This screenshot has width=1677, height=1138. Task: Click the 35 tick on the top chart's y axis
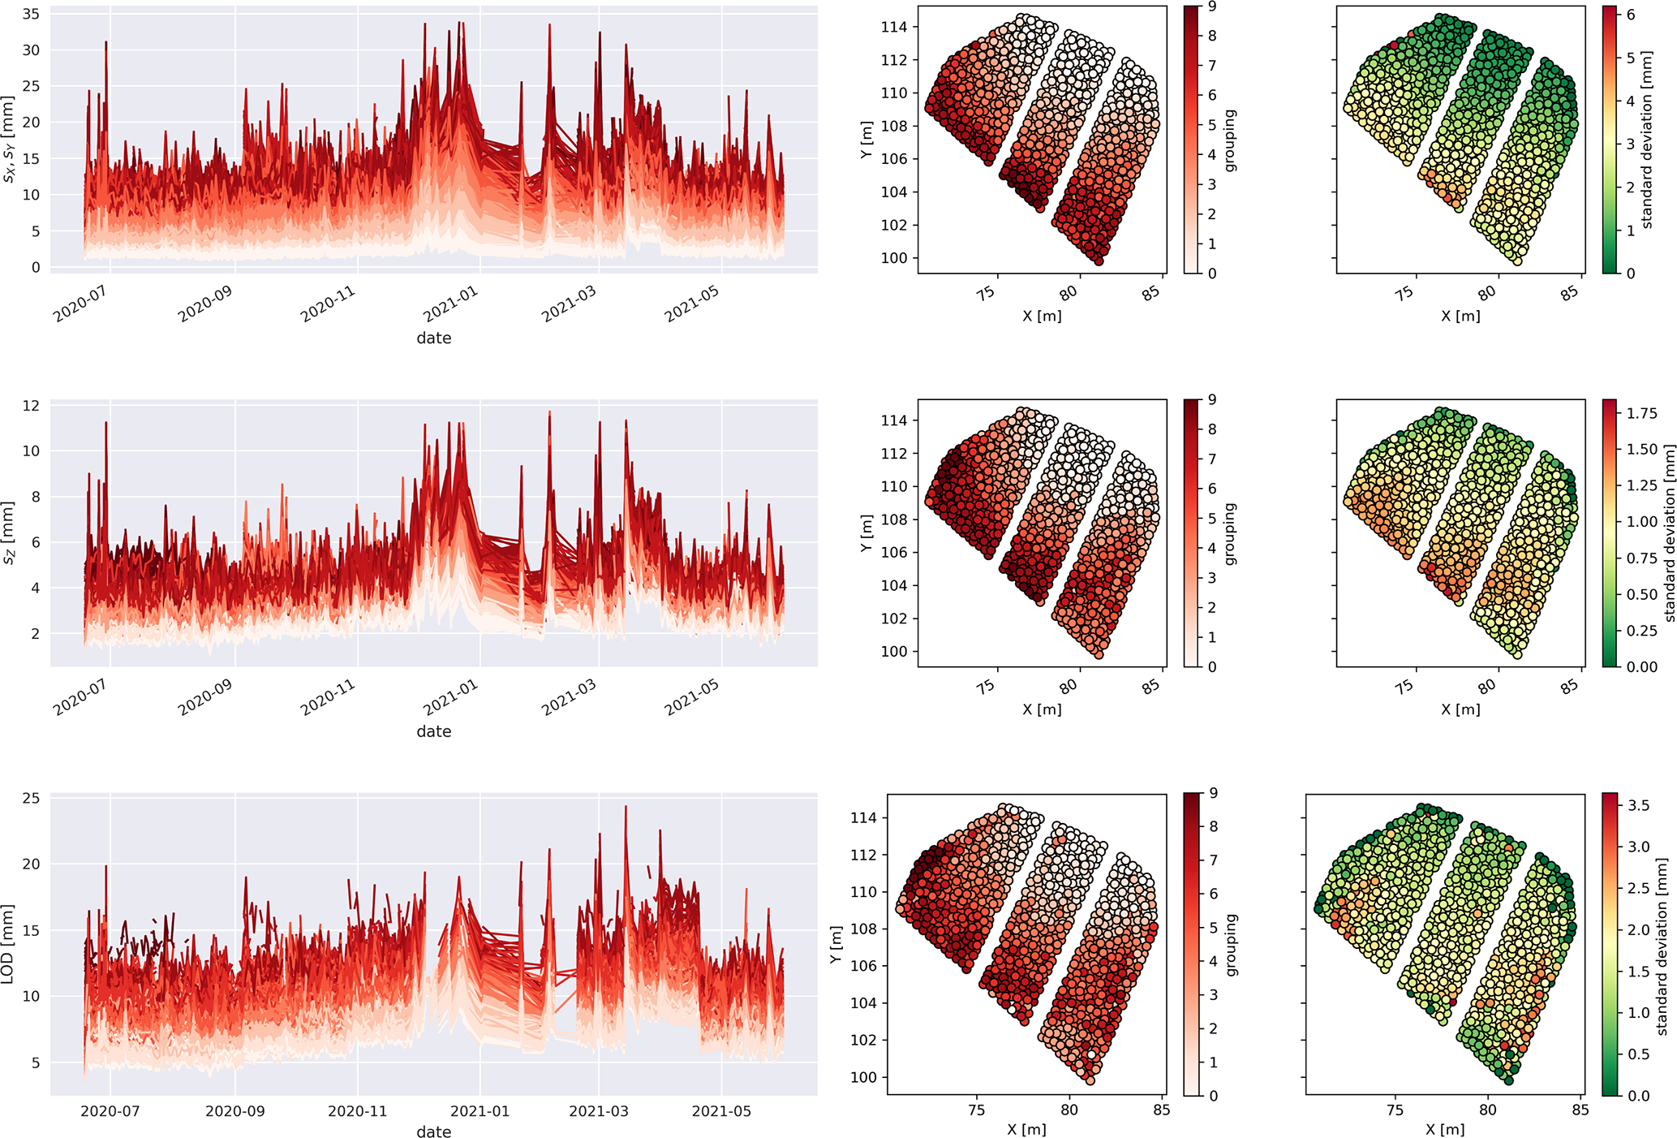point(31,14)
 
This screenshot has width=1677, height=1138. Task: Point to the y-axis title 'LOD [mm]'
point(8,944)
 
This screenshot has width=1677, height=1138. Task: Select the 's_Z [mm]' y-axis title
point(8,533)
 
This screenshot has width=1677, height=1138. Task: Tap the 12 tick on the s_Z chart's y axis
point(31,406)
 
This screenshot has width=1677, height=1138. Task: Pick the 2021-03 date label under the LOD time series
point(598,1111)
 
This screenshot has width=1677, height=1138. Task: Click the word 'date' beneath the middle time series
point(434,731)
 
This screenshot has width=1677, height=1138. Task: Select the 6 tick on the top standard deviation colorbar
point(1631,15)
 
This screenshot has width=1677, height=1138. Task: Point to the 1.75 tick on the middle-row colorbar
point(1642,413)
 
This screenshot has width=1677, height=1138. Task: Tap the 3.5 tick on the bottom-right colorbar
point(1638,805)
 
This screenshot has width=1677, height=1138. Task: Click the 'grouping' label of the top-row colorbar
point(1230,140)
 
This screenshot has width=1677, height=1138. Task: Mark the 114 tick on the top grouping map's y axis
point(893,27)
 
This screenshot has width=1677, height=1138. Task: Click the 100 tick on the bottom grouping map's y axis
point(863,1077)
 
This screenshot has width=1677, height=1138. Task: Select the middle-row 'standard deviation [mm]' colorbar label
point(1669,533)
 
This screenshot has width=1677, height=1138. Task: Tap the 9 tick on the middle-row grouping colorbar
point(1212,399)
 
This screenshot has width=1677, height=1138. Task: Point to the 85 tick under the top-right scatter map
point(1570,293)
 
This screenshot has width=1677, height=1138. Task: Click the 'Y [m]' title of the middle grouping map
point(866,533)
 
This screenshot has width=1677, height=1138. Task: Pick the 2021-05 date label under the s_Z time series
point(692,698)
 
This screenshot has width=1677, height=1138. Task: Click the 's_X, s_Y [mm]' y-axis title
point(8,139)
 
